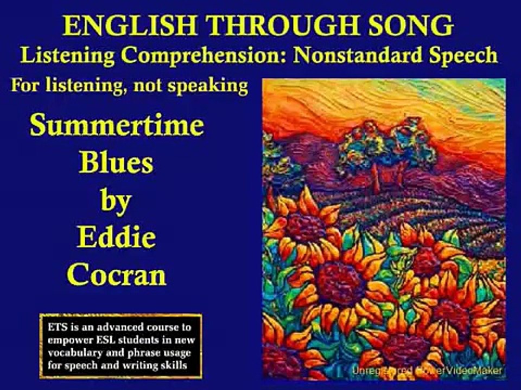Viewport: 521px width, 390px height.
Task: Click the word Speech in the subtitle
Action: pos(461,55)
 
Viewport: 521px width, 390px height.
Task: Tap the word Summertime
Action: pos(117,126)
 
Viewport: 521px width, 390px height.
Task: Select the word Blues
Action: pos(116,162)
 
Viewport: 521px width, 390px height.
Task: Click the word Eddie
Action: pos(116,237)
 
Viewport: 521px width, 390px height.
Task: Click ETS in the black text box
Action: pos(56,328)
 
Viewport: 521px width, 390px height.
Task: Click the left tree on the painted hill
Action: pos(361,149)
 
